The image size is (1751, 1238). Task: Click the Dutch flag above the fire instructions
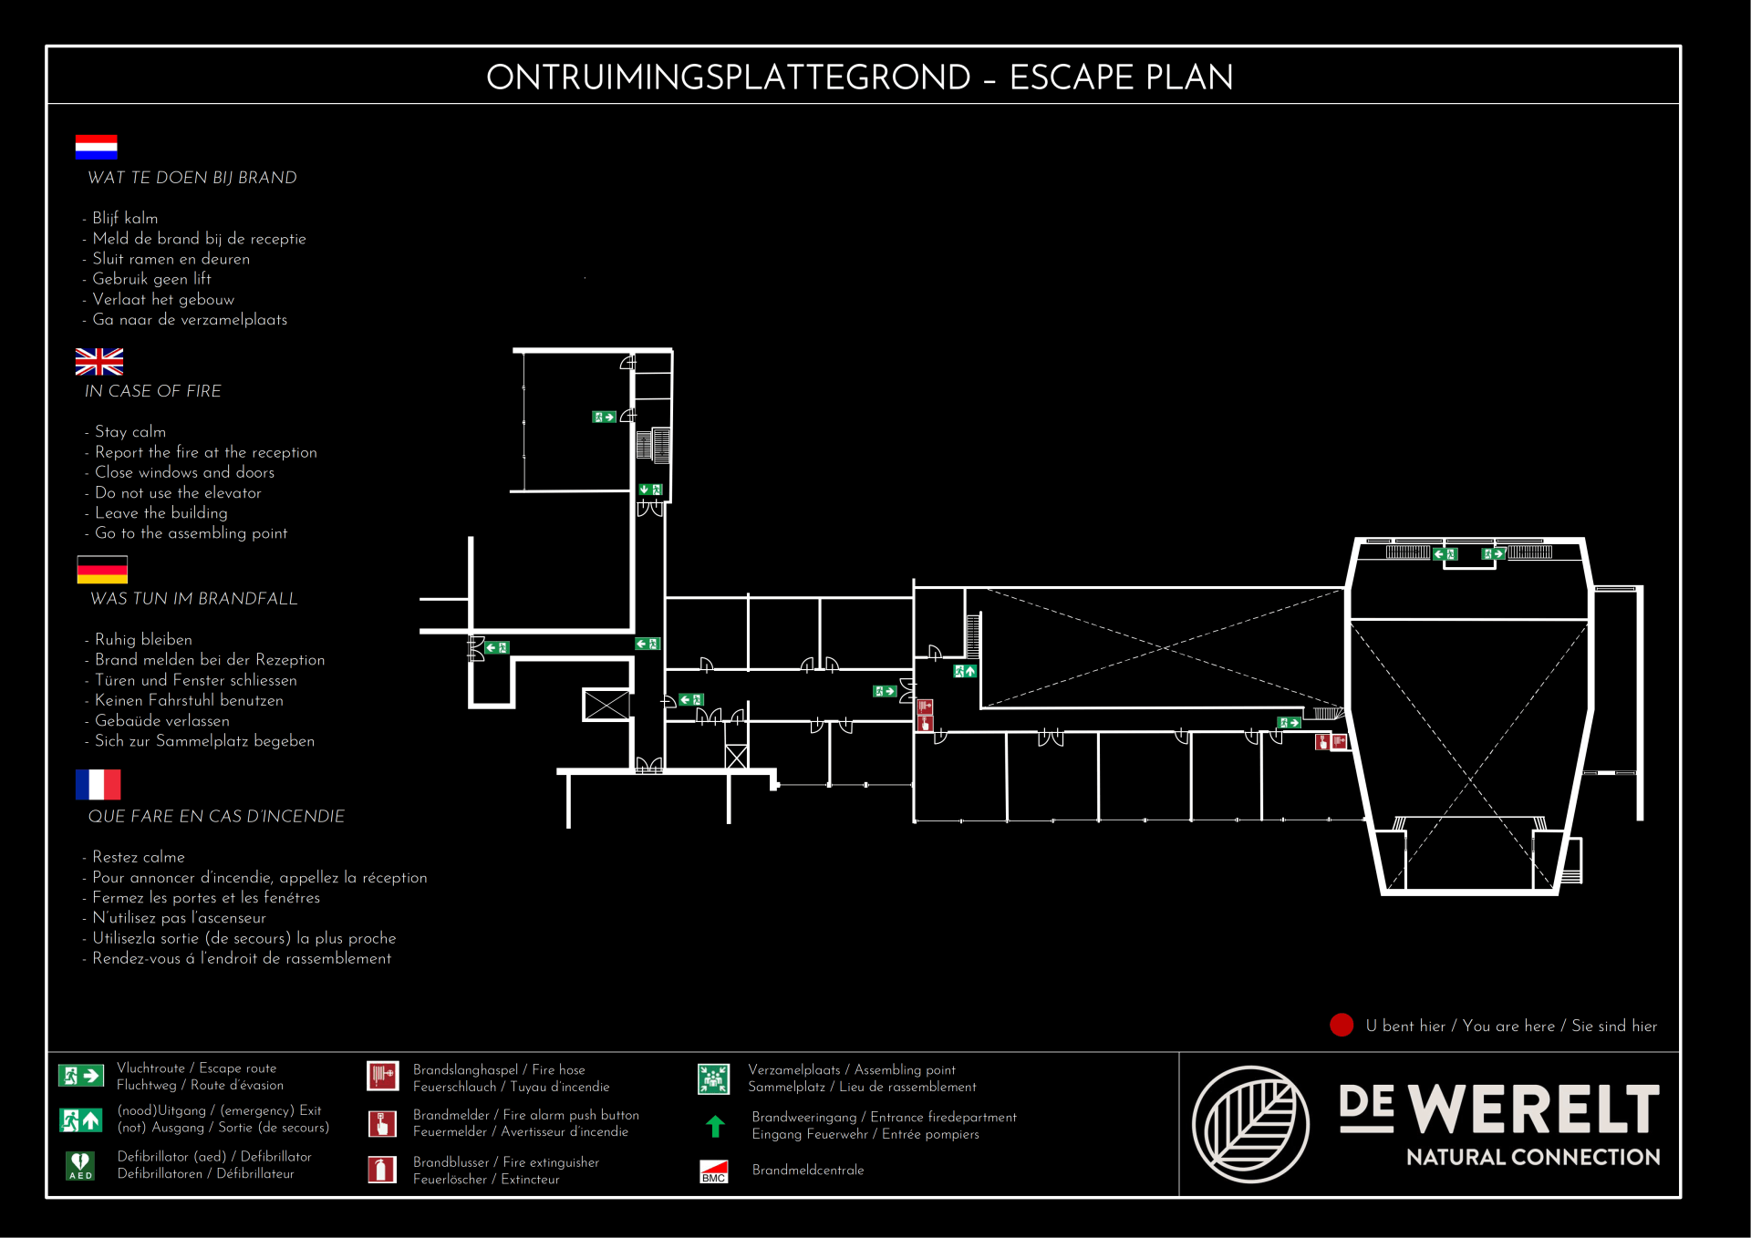(x=96, y=147)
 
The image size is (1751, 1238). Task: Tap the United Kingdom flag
(x=99, y=362)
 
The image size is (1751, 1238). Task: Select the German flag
(x=102, y=570)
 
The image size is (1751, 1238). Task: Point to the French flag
(x=98, y=784)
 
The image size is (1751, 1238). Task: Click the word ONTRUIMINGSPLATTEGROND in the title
(x=728, y=77)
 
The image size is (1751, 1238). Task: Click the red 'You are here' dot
(x=1342, y=1026)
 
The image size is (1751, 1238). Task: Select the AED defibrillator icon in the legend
(x=80, y=1165)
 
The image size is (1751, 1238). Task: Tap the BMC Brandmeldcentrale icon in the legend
(x=714, y=1171)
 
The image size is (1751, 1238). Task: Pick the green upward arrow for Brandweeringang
(x=715, y=1127)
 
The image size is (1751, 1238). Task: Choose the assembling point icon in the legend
(x=713, y=1078)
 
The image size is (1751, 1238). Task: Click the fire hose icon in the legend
(x=382, y=1076)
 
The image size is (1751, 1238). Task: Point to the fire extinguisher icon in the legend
(x=382, y=1170)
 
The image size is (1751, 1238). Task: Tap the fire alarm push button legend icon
(x=382, y=1123)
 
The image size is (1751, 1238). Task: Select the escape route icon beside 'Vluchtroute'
(x=81, y=1076)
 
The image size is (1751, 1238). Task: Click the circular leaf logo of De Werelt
(x=1251, y=1124)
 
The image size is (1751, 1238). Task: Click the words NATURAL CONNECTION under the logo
(x=1533, y=1157)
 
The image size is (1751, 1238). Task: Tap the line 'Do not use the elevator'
(x=178, y=493)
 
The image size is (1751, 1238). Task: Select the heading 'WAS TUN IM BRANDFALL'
(x=194, y=599)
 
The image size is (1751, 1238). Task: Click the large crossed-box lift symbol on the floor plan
(x=606, y=705)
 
